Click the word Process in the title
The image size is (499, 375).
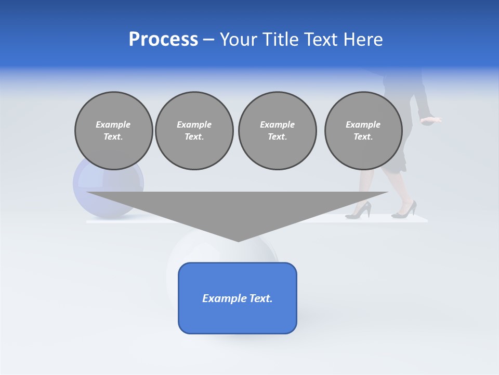pyautogui.click(x=163, y=40)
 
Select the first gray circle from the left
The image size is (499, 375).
pyautogui.click(x=113, y=131)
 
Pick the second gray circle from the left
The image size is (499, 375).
pyautogui.click(x=194, y=131)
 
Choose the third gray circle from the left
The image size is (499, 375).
pyautogui.click(x=277, y=131)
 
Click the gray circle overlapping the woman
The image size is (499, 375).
pyautogui.click(x=363, y=131)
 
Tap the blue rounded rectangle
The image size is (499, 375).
pyautogui.click(x=238, y=298)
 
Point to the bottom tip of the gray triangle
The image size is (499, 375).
pyautogui.click(x=238, y=241)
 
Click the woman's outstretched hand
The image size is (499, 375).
pyautogui.click(x=431, y=120)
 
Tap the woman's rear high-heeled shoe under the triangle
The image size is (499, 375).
pyautogui.click(x=359, y=210)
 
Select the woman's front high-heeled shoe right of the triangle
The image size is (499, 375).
pyautogui.click(x=404, y=210)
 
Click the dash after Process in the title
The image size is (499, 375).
pyautogui.click(x=208, y=40)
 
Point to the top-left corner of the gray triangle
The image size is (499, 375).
pyautogui.click(x=87, y=192)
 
